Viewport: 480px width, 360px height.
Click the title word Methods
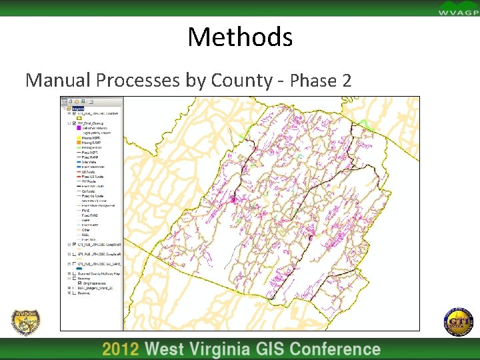click(240, 37)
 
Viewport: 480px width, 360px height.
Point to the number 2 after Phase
click(345, 81)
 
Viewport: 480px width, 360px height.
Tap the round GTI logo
click(457, 322)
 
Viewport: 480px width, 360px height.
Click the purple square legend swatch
click(78, 127)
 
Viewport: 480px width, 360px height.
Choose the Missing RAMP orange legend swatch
click(78, 143)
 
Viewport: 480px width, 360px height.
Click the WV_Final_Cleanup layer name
click(94, 123)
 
